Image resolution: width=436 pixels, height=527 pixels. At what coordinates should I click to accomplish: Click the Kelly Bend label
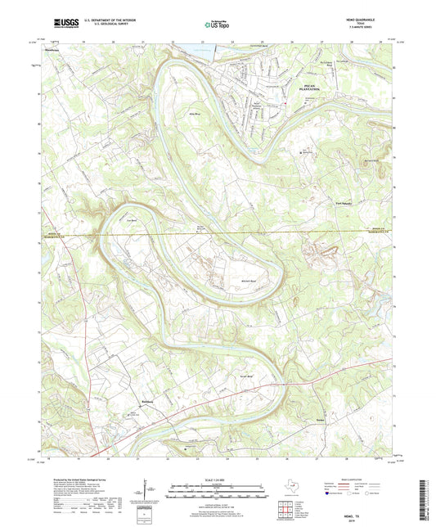click(x=195, y=102)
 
